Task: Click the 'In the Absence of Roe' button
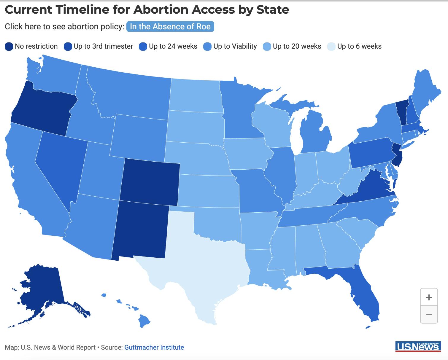point(170,27)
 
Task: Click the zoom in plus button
point(429,297)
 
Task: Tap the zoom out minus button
point(429,314)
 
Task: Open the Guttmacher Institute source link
point(154,347)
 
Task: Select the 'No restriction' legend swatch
point(9,47)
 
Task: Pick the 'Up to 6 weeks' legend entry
point(355,47)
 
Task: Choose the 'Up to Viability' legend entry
point(230,47)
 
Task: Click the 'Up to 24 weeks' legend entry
point(168,47)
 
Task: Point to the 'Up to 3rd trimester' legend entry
point(99,47)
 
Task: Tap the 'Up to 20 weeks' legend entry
point(292,47)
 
